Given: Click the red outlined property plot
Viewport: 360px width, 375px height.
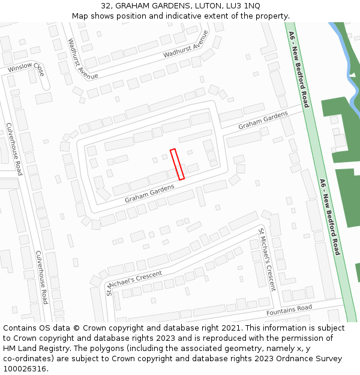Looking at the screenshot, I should click(x=177, y=164).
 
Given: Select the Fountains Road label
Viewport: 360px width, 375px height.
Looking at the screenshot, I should click(x=289, y=311).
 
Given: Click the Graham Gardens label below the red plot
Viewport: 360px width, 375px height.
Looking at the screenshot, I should click(x=149, y=193).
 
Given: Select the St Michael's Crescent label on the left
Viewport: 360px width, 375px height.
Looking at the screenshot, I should click(x=134, y=282).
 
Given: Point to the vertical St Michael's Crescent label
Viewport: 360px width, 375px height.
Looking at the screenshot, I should click(x=266, y=259).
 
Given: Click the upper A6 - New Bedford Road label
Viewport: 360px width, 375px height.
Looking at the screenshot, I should click(x=298, y=68).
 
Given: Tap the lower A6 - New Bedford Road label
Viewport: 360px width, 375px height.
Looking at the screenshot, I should click(x=329, y=217).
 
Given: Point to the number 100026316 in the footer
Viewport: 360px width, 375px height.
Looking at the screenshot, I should click(x=25, y=368).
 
